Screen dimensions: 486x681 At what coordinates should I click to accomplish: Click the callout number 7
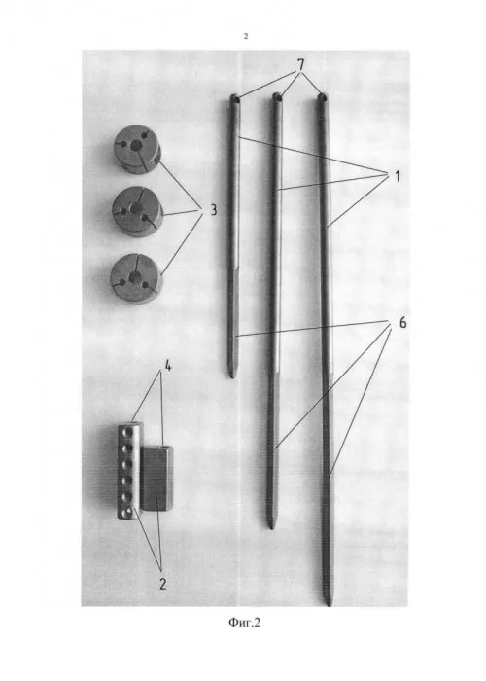tap(300, 65)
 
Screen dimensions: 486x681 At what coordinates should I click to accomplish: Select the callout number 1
tap(397, 176)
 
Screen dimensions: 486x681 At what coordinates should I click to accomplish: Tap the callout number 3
tap(213, 210)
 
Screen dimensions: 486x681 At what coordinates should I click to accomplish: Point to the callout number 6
tap(402, 323)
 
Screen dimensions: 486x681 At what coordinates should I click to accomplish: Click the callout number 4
tap(167, 366)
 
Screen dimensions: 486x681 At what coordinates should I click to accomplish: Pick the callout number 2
tap(162, 584)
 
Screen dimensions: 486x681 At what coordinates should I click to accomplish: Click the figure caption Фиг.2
tap(244, 623)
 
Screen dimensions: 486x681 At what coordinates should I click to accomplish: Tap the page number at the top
tap(246, 37)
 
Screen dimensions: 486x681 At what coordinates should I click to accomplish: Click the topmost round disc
tap(137, 150)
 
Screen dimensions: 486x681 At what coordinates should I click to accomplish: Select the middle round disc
tap(138, 211)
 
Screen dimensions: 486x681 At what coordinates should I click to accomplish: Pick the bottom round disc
tap(136, 278)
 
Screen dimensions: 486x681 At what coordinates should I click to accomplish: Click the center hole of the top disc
tap(137, 146)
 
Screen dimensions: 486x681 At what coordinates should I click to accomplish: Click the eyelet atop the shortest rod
tap(235, 99)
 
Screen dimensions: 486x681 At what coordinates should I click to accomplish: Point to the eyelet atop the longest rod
tap(322, 97)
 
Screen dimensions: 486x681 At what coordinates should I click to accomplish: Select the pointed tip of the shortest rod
tap(231, 376)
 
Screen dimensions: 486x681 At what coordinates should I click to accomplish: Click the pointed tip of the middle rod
tap(271, 527)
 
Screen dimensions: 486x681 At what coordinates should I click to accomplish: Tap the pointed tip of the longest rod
tap(329, 604)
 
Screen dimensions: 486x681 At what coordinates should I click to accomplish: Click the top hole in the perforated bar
tap(126, 434)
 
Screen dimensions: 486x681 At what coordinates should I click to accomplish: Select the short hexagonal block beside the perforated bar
tap(156, 478)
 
